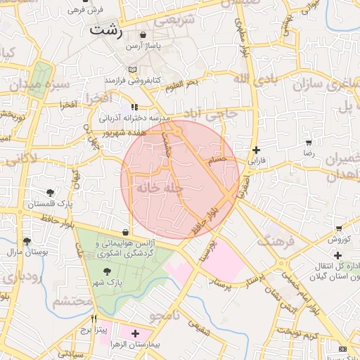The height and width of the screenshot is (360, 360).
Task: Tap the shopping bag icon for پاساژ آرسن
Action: [x=143, y=34]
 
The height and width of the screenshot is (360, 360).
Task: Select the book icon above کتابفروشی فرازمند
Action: [x=133, y=70]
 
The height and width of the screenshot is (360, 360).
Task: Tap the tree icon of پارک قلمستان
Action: [x=50, y=193]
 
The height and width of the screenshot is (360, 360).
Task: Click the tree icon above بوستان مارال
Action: [x=27, y=241]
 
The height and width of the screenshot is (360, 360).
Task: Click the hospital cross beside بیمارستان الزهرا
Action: [x=135, y=333]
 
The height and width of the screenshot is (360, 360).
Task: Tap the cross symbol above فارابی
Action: [x=256, y=150]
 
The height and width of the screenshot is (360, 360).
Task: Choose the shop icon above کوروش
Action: [x=340, y=228]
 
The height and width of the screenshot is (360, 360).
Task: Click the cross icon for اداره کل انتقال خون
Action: [x=339, y=255]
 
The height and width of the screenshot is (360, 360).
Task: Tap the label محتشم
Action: [x=72, y=302]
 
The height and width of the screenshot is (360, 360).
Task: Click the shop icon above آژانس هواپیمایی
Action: [x=125, y=232]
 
